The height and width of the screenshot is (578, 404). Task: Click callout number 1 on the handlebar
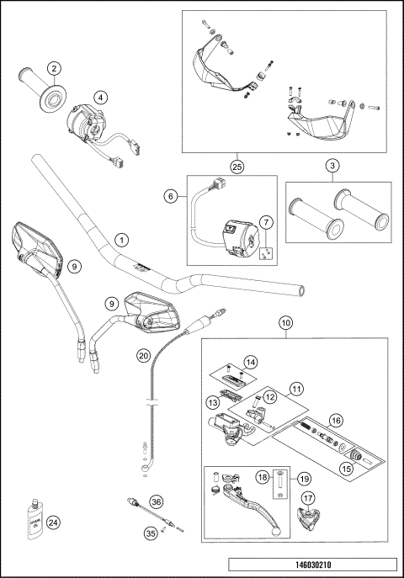point(122,240)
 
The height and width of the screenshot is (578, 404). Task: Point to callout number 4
point(99,96)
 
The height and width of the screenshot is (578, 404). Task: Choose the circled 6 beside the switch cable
point(170,195)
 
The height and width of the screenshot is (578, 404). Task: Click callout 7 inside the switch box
point(265,223)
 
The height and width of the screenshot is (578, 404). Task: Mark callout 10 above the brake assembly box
point(285,322)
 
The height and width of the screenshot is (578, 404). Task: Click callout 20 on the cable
point(143,355)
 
